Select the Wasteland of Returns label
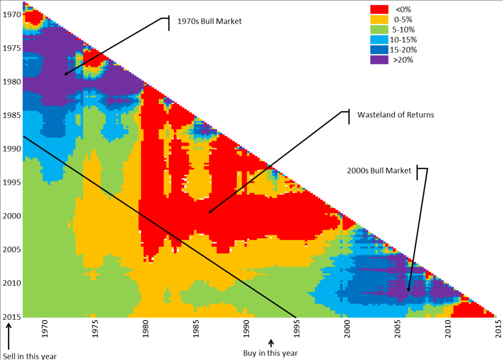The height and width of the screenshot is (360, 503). pyautogui.click(x=396, y=115)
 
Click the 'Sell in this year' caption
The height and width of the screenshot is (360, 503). pyautogui.click(x=30, y=356)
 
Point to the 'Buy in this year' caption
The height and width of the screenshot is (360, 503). pyautogui.click(x=270, y=353)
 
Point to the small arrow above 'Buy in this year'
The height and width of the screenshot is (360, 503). pyautogui.click(x=270, y=342)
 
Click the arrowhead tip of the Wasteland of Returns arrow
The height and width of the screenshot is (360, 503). pyautogui.click(x=208, y=213)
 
